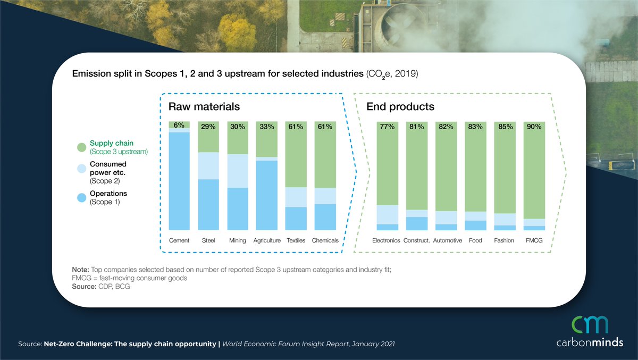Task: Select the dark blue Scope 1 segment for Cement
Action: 179,181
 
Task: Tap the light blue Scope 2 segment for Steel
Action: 208,165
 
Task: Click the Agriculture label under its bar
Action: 267,240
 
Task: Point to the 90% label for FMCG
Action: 534,127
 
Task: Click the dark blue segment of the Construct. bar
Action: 417,223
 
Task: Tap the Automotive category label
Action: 447,240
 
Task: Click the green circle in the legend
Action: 81,147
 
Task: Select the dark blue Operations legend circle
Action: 81,197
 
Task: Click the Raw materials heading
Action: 204,106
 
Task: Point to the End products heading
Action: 400,106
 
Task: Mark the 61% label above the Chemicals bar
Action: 325,127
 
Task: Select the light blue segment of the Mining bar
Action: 238,171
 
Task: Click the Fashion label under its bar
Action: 504,240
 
